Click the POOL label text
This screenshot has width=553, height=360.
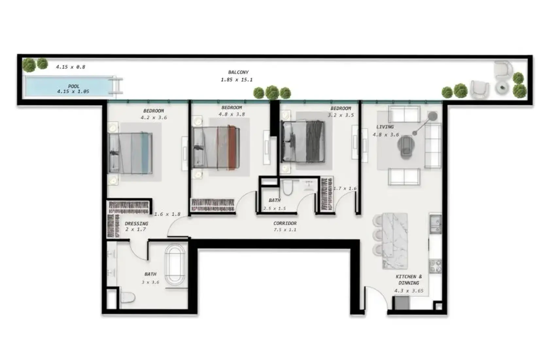coord(74,86)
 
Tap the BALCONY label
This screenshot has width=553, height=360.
coord(238,72)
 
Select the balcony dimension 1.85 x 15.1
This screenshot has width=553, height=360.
coord(236,80)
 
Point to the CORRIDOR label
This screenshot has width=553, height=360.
coord(285,223)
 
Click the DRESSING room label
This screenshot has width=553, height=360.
coord(136,223)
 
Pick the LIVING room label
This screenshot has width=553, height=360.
coord(385,127)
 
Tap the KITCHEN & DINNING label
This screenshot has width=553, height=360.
coord(408,280)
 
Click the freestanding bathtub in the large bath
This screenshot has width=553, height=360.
coord(175,265)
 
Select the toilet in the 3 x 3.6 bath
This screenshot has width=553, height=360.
coord(128,297)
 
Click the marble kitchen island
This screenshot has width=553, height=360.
coord(395,241)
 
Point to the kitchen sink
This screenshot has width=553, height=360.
coord(435,224)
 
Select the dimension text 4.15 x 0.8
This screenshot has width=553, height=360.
coord(71,67)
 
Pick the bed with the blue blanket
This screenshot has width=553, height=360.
coord(130,153)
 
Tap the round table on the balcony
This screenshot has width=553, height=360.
coord(502,87)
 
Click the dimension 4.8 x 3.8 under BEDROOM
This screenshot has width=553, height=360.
coord(232,115)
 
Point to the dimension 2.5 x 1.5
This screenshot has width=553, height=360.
coord(274,208)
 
